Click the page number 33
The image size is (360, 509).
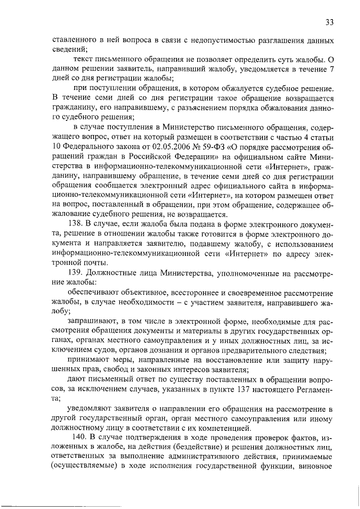(x=330, y=22)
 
